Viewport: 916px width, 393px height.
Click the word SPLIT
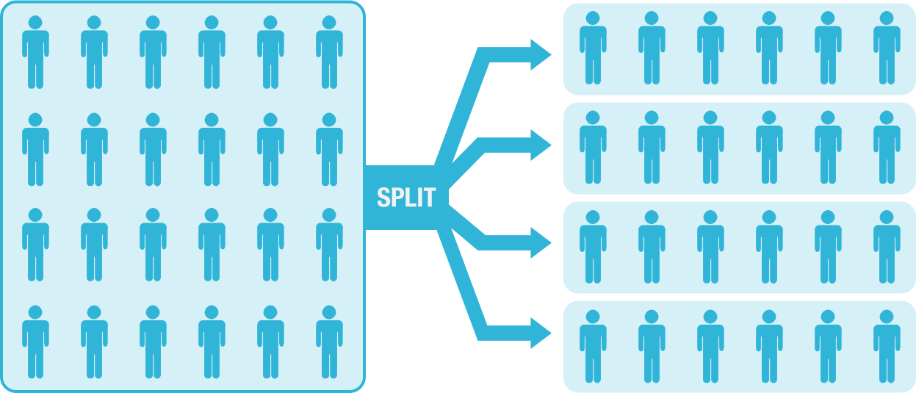pos(406,198)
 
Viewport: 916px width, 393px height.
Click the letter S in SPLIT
pos(383,198)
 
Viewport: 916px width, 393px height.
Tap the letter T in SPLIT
pos(430,198)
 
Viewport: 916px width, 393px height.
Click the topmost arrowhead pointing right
pos(541,55)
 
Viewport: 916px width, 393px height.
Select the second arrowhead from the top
pos(541,145)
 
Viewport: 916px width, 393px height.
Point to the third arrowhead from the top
pos(541,243)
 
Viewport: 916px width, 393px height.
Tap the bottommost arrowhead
pos(541,333)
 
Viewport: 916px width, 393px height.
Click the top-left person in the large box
pos(35,52)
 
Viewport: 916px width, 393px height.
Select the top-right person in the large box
pos(329,52)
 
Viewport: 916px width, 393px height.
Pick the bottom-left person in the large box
pos(35,342)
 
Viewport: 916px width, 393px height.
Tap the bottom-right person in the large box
pos(329,342)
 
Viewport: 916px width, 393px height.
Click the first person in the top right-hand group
pos(593,48)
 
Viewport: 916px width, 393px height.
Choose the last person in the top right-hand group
pos(887,48)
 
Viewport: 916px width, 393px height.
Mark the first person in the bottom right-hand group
pos(593,347)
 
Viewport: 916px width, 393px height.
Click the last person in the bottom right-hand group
pos(887,347)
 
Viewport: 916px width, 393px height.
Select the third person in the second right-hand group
pos(710,147)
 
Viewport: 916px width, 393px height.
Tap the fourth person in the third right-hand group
pos(769,247)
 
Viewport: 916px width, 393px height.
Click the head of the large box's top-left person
pos(35,23)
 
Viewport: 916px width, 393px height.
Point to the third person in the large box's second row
pos(153,149)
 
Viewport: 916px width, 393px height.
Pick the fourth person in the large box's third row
pos(212,245)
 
